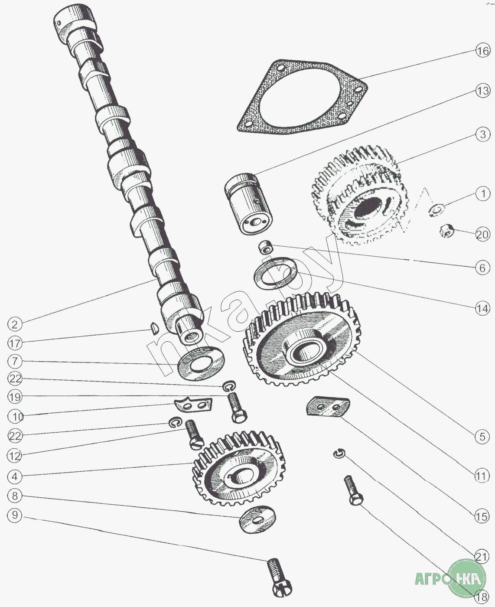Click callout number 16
click(x=482, y=51)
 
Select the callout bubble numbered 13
click(x=482, y=91)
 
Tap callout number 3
click(x=483, y=134)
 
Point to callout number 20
click(x=482, y=235)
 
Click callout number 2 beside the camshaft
click(x=15, y=324)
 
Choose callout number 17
click(x=15, y=343)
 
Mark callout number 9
click(x=15, y=515)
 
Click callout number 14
click(x=482, y=309)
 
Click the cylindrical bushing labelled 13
click(x=248, y=204)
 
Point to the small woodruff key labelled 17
click(x=152, y=329)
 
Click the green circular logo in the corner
click(x=466, y=578)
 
